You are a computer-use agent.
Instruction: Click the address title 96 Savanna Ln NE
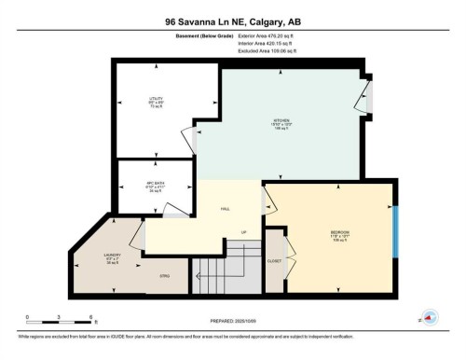pyautogui.click(x=232, y=21)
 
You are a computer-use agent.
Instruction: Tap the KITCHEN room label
pyautogui.click(x=281, y=123)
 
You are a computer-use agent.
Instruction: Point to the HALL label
pyautogui.click(x=226, y=210)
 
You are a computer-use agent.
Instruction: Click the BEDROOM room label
pyautogui.click(x=339, y=233)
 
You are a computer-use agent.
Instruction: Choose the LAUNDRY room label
pyautogui.click(x=112, y=254)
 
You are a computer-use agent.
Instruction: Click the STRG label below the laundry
pyautogui.click(x=164, y=276)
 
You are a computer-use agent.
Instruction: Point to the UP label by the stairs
pyautogui.click(x=244, y=232)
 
